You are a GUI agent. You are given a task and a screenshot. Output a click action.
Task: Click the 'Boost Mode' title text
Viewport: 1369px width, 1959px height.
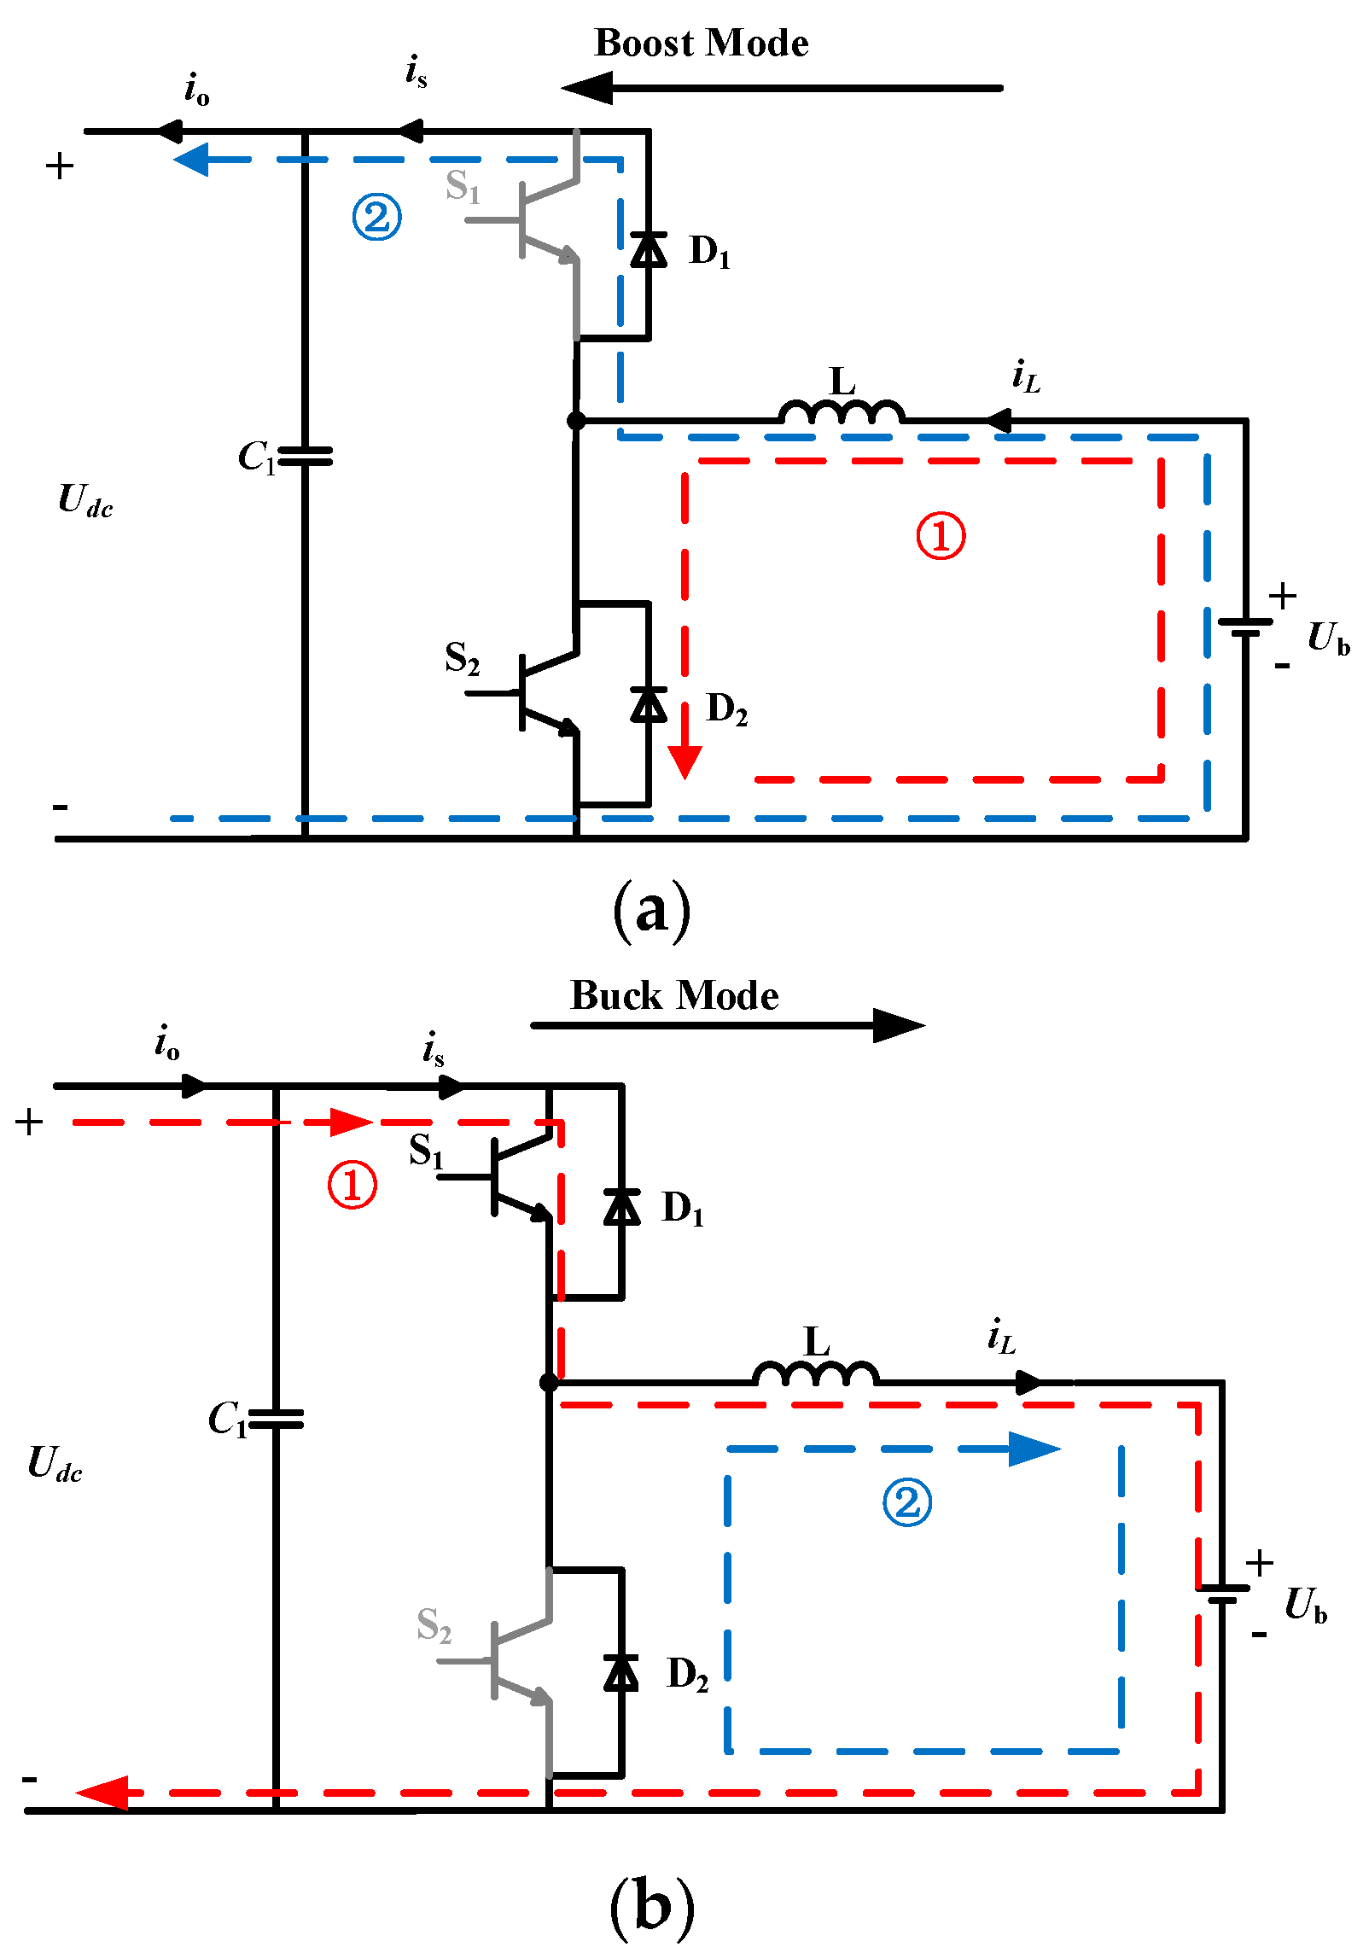click(701, 43)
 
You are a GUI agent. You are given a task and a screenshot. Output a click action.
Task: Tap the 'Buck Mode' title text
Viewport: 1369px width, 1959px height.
click(673, 995)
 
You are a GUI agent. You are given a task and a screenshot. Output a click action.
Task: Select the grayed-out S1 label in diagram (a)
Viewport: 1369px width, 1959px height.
click(463, 185)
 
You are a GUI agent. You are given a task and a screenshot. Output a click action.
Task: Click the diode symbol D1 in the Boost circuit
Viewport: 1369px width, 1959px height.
click(649, 249)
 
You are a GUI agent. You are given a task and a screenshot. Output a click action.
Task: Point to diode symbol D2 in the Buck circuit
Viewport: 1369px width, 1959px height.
click(620, 1672)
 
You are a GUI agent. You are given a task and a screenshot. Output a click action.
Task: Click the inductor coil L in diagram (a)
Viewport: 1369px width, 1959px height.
click(841, 413)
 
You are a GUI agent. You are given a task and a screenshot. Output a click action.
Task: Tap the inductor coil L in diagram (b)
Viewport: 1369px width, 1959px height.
click(815, 1374)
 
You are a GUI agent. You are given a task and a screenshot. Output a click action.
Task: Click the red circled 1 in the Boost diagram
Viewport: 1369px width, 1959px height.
click(941, 536)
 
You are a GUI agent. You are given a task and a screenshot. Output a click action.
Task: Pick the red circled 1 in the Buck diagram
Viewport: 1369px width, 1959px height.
click(352, 1185)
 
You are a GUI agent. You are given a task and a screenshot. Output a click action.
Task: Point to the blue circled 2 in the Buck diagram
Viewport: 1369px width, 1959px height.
click(907, 1502)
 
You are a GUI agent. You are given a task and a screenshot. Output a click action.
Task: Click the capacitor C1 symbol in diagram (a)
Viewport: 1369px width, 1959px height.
click(305, 457)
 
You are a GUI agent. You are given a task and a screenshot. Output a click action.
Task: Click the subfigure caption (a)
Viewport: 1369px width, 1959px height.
click(651, 911)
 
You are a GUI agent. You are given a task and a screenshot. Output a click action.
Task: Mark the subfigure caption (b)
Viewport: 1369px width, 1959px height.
click(651, 1905)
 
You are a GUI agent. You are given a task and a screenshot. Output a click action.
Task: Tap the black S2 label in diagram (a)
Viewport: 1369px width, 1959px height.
click(462, 659)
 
